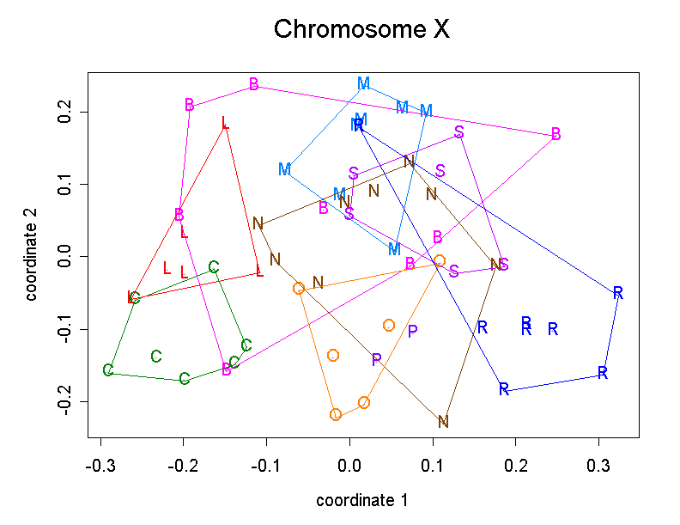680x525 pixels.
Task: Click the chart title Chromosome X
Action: point(361,30)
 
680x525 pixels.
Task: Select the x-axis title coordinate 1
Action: point(361,500)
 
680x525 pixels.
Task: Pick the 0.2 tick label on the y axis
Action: point(63,113)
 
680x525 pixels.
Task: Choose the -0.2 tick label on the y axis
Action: point(63,402)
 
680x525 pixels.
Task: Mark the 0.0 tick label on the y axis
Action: point(63,257)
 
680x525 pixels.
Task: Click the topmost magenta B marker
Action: point(254,84)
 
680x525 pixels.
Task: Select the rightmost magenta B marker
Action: point(556,134)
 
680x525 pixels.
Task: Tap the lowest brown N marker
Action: point(443,422)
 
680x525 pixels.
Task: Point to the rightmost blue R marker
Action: point(617,293)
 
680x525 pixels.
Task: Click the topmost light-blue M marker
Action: point(363,83)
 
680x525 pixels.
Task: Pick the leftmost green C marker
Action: point(107,370)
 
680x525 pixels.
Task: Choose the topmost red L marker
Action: point(225,123)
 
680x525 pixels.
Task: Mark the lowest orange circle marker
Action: point(336,415)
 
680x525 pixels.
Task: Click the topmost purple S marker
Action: point(459,131)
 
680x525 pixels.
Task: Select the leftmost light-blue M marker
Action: point(284,169)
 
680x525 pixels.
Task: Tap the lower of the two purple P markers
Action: point(376,360)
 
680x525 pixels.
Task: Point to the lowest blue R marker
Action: point(504,388)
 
